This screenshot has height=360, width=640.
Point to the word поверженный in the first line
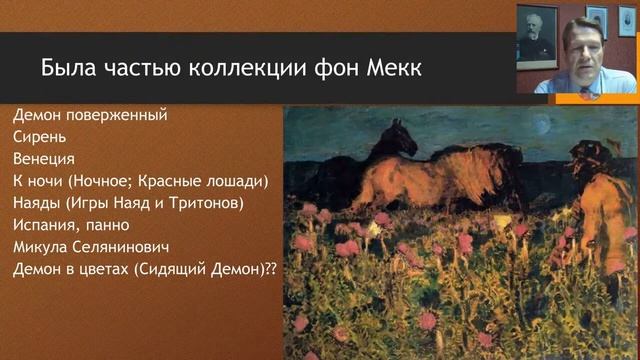click(x=120, y=114)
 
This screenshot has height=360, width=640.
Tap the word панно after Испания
click(x=107, y=225)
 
